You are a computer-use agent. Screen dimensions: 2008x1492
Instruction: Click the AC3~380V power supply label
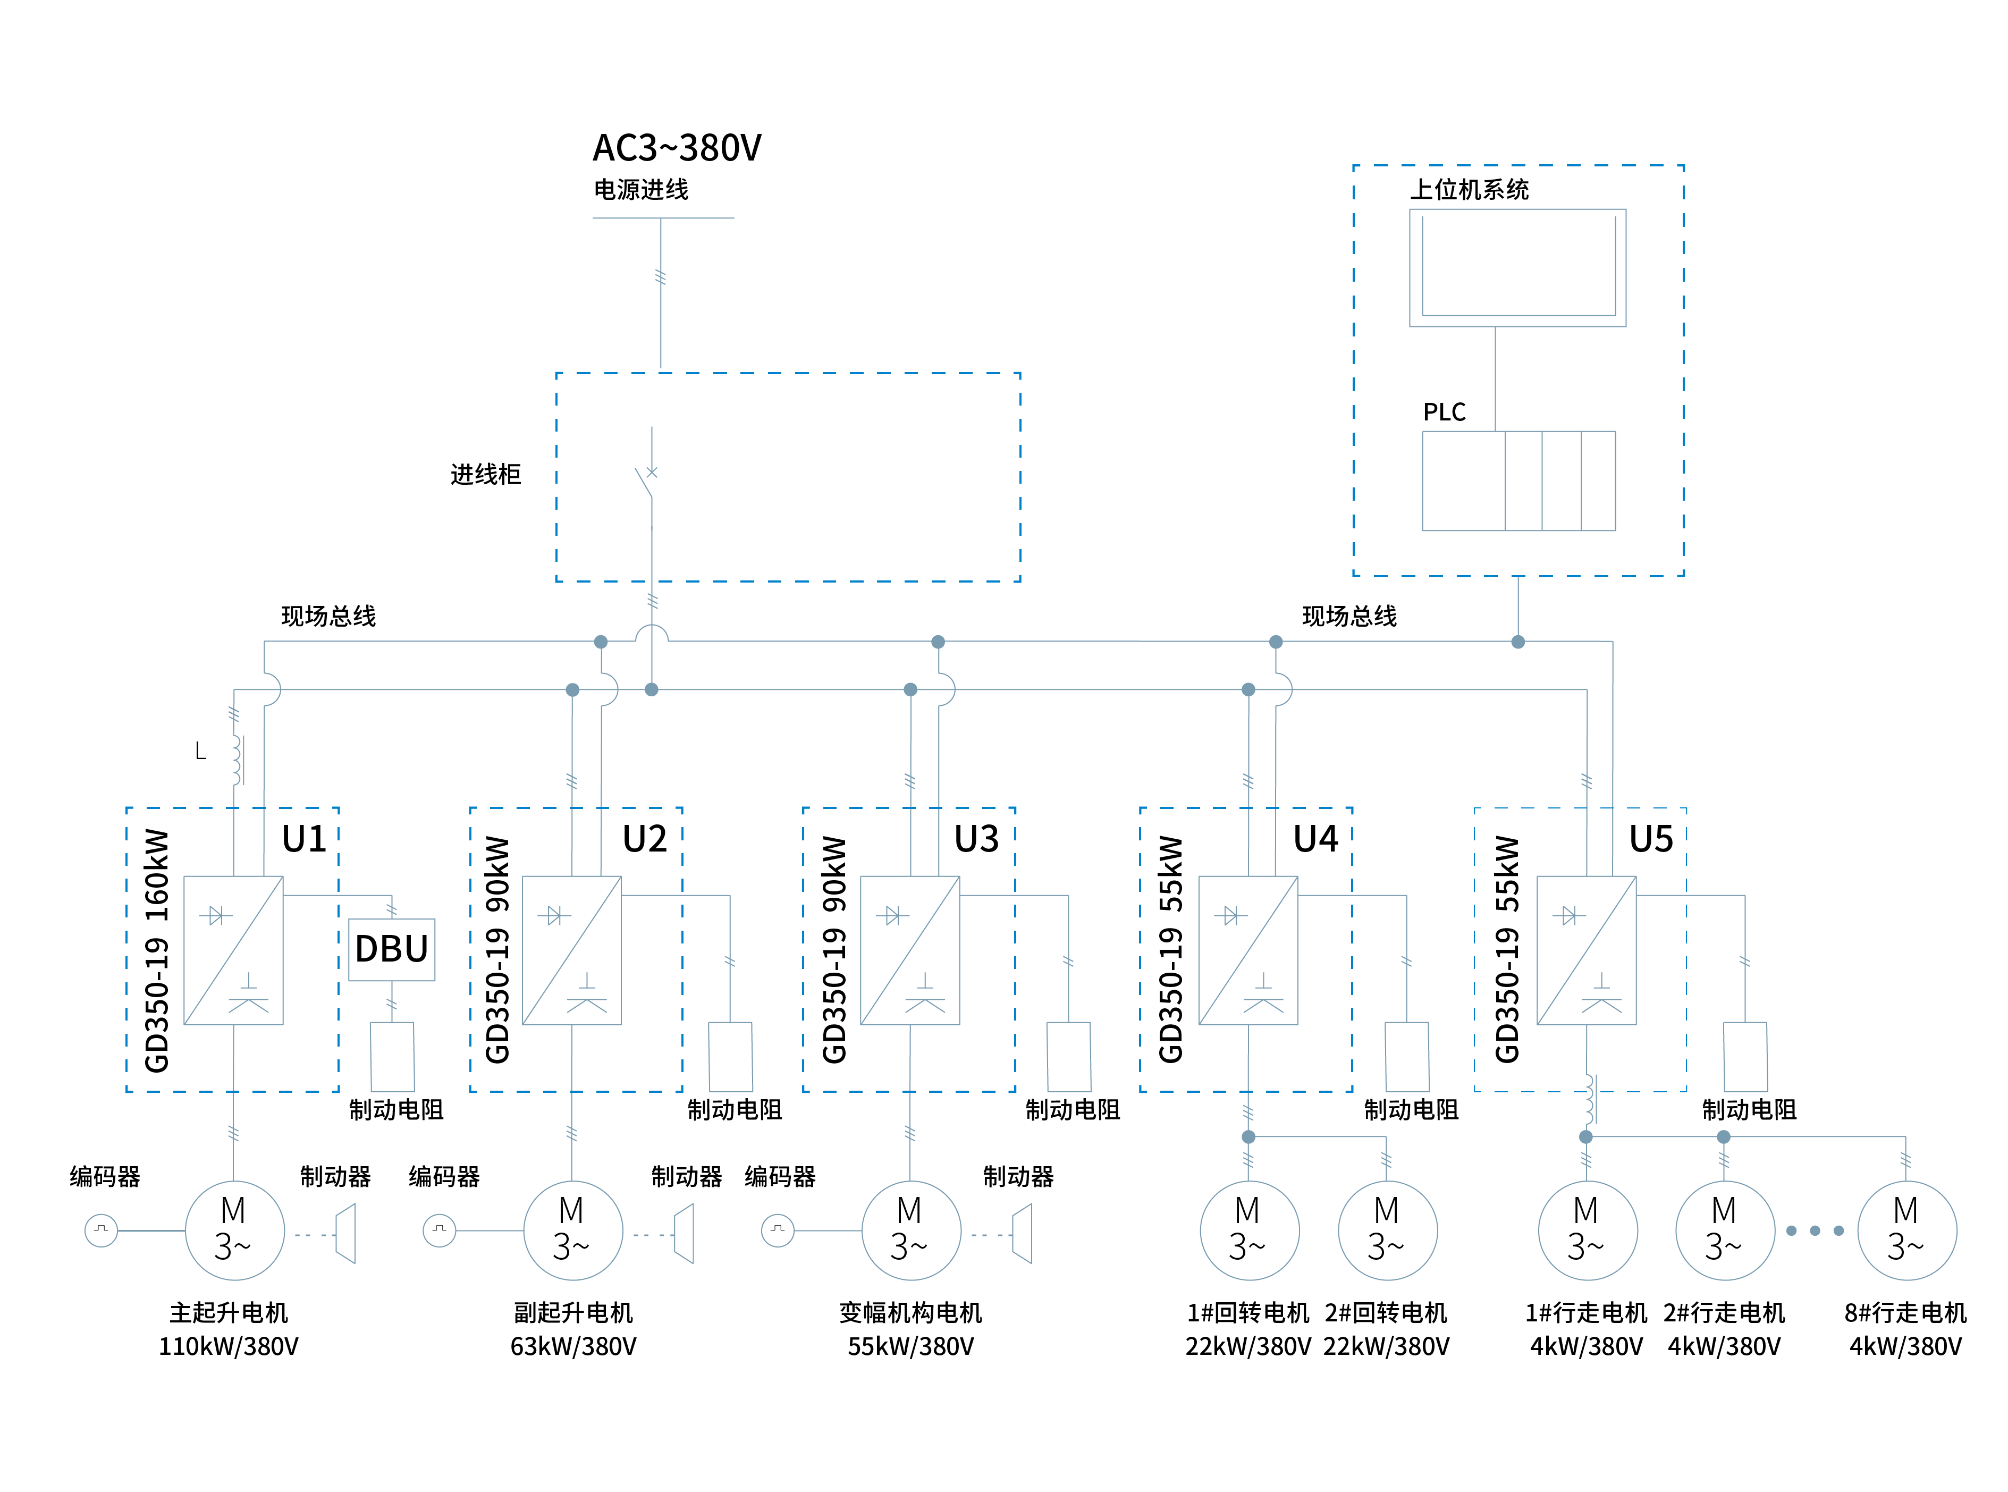676,147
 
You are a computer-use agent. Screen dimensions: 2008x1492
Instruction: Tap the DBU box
392,949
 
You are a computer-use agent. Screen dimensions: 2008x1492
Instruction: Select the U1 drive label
304,839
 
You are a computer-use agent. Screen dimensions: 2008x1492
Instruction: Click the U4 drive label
1315,839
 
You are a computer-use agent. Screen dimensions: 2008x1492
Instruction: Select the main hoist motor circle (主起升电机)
235,1230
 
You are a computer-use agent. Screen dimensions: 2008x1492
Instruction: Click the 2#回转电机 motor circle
1387,1230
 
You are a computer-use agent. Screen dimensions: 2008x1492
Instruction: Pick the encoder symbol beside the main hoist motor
101,1230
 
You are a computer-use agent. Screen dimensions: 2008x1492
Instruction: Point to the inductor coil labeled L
237,760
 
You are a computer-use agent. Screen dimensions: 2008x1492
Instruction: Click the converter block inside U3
910,950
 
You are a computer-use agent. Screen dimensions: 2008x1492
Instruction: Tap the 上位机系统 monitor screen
1518,267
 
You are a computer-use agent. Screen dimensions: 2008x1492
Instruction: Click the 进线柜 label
486,474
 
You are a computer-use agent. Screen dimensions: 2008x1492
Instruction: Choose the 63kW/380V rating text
573,1346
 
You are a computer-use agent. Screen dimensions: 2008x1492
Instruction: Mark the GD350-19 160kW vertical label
157,950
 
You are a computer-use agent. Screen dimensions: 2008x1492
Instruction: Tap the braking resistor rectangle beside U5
1745,1057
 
